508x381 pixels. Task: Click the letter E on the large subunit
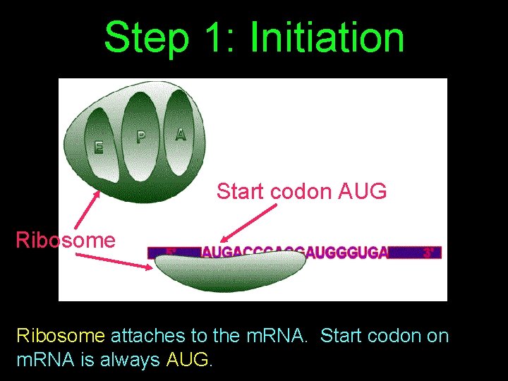click(x=99, y=147)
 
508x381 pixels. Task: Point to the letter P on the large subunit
click(x=141, y=137)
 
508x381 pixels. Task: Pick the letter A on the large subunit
click(x=181, y=134)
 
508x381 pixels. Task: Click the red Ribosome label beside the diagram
click(x=66, y=240)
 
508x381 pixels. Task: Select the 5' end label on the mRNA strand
click(x=171, y=252)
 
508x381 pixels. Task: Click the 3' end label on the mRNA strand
click(x=428, y=252)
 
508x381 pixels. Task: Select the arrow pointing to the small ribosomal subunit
click(x=113, y=262)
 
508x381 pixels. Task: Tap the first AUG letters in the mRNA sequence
click(x=215, y=252)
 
